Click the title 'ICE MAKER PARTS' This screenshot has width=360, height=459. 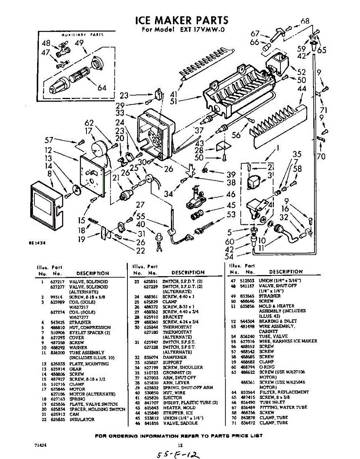point(182,20)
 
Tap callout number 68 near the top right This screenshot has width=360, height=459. point(305,21)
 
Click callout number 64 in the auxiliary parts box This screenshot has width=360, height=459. point(102,88)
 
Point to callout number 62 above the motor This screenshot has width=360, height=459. point(89,123)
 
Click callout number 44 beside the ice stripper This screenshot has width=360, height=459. point(302,89)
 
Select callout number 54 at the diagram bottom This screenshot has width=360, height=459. point(229,257)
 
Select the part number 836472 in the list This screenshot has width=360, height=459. point(250,423)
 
